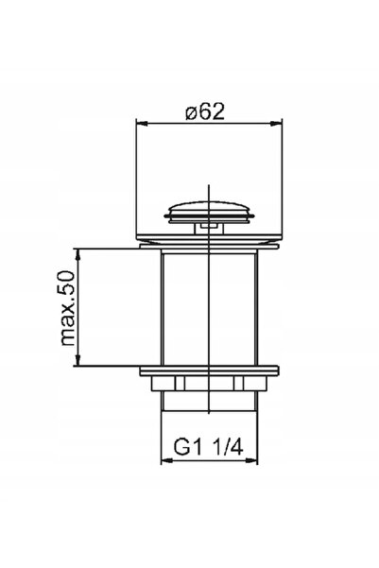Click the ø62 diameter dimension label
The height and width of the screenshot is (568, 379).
(x=205, y=112)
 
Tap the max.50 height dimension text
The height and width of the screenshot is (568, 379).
(x=68, y=308)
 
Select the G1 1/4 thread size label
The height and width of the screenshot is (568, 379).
(x=208, y=447)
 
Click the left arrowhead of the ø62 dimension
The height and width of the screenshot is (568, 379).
(x=142, y=124)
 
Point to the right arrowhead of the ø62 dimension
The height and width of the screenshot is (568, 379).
(x=277, y=124)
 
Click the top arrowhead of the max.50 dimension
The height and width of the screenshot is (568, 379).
(x=77, y=254)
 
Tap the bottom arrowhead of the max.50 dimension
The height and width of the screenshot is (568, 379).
(x=77, y=360)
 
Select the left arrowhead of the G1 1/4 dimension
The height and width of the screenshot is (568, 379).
(x=166, y=461)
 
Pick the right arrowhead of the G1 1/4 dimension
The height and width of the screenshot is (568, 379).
(x=251, y=461)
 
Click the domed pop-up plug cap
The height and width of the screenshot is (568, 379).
(x=210, y=213)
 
